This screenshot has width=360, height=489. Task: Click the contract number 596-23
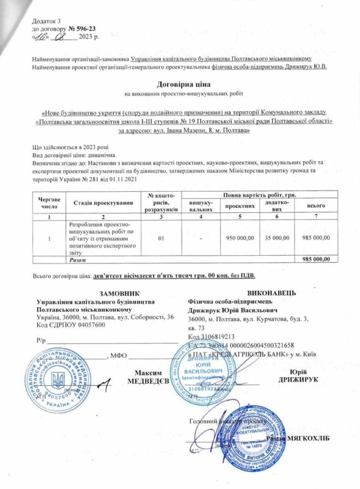[x=86, y=28]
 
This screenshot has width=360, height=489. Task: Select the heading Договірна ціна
[x=180, y=85]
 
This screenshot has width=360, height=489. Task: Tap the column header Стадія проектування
[x=103, y=203]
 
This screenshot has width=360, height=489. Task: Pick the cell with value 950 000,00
[x=239, y=237]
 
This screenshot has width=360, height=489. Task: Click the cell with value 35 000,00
[x=276, y=237]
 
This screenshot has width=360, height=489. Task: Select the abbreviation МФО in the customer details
[x=118, y=355]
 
